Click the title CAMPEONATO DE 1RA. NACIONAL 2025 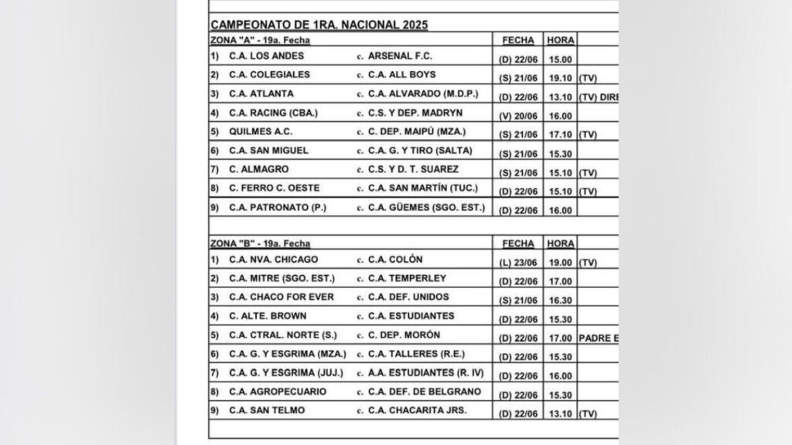(319, 24)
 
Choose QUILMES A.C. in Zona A (259, 132)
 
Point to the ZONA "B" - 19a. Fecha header (260, 243)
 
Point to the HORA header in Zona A (559, 39)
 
